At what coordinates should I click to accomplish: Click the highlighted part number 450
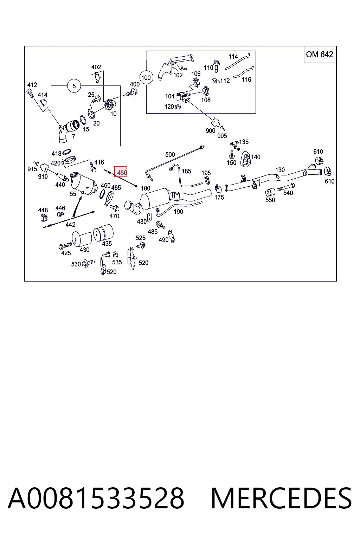pos(121,172)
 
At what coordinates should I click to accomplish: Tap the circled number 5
pos(74,86)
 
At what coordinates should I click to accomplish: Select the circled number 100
pos(146,78)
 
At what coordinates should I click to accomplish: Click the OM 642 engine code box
pos(320,54)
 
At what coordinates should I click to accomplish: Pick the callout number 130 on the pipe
pos(280,170)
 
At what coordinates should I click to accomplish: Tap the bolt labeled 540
pos(286,187)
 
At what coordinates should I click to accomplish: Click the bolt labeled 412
pos(30,93)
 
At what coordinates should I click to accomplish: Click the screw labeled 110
pos(216,66)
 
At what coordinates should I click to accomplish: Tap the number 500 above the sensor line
pos(170,154)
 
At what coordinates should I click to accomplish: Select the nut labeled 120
pos(178,106)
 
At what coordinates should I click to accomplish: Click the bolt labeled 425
pos(65,246)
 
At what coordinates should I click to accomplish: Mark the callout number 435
pos(107,244)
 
